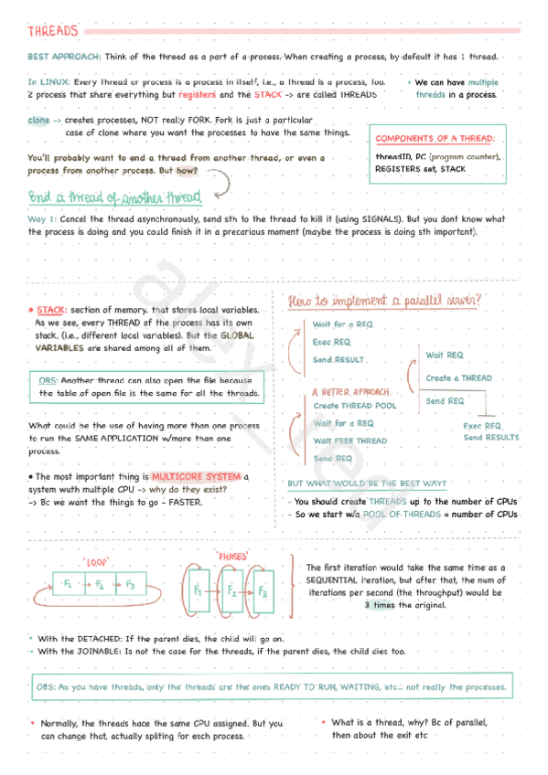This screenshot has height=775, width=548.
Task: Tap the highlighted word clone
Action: [x=38, y=120]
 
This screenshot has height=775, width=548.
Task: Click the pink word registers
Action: [x=197, y=94]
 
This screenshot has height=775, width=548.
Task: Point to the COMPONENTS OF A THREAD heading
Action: [x=435, y=138]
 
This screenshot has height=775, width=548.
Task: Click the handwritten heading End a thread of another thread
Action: [x=114, y=197]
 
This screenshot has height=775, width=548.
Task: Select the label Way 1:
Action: [x=42, y=219]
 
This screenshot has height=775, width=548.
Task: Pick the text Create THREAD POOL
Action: [x=355, y=406]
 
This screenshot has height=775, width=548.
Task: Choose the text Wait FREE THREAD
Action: [x=349, y=441]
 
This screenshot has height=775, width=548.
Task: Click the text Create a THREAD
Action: [x=458, y=378]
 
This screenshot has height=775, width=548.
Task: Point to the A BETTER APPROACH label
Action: [x=343, y=393]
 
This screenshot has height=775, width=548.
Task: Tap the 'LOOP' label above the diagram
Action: [x=96, y=562]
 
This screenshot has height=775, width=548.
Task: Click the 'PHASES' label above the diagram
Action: [x=230, y=556]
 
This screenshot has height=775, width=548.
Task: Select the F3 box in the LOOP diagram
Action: [x=131, y=584]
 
